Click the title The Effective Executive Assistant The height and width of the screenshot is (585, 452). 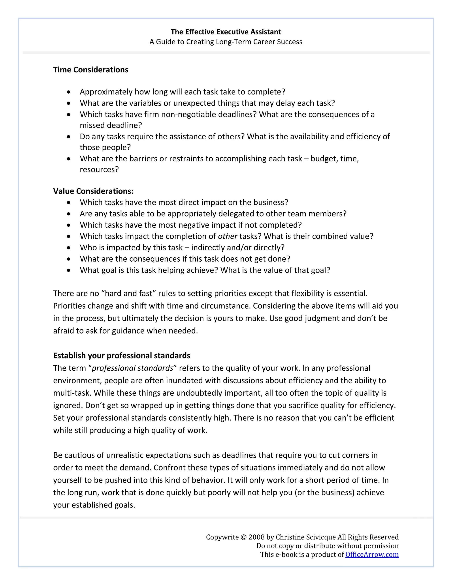pos(226,32)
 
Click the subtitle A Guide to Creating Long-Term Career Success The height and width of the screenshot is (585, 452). pos(226,42)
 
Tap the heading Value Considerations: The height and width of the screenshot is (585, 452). pos(93,191)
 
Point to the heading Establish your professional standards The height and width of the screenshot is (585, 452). pos(122,355)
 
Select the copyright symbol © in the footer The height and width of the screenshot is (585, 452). pos(243,537)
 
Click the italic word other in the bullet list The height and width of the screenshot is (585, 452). pos(227,236)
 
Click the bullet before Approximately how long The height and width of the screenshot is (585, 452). pos(69,92)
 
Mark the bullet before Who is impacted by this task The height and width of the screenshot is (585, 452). pos(69,248)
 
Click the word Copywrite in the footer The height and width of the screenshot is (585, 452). pos(222,537)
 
